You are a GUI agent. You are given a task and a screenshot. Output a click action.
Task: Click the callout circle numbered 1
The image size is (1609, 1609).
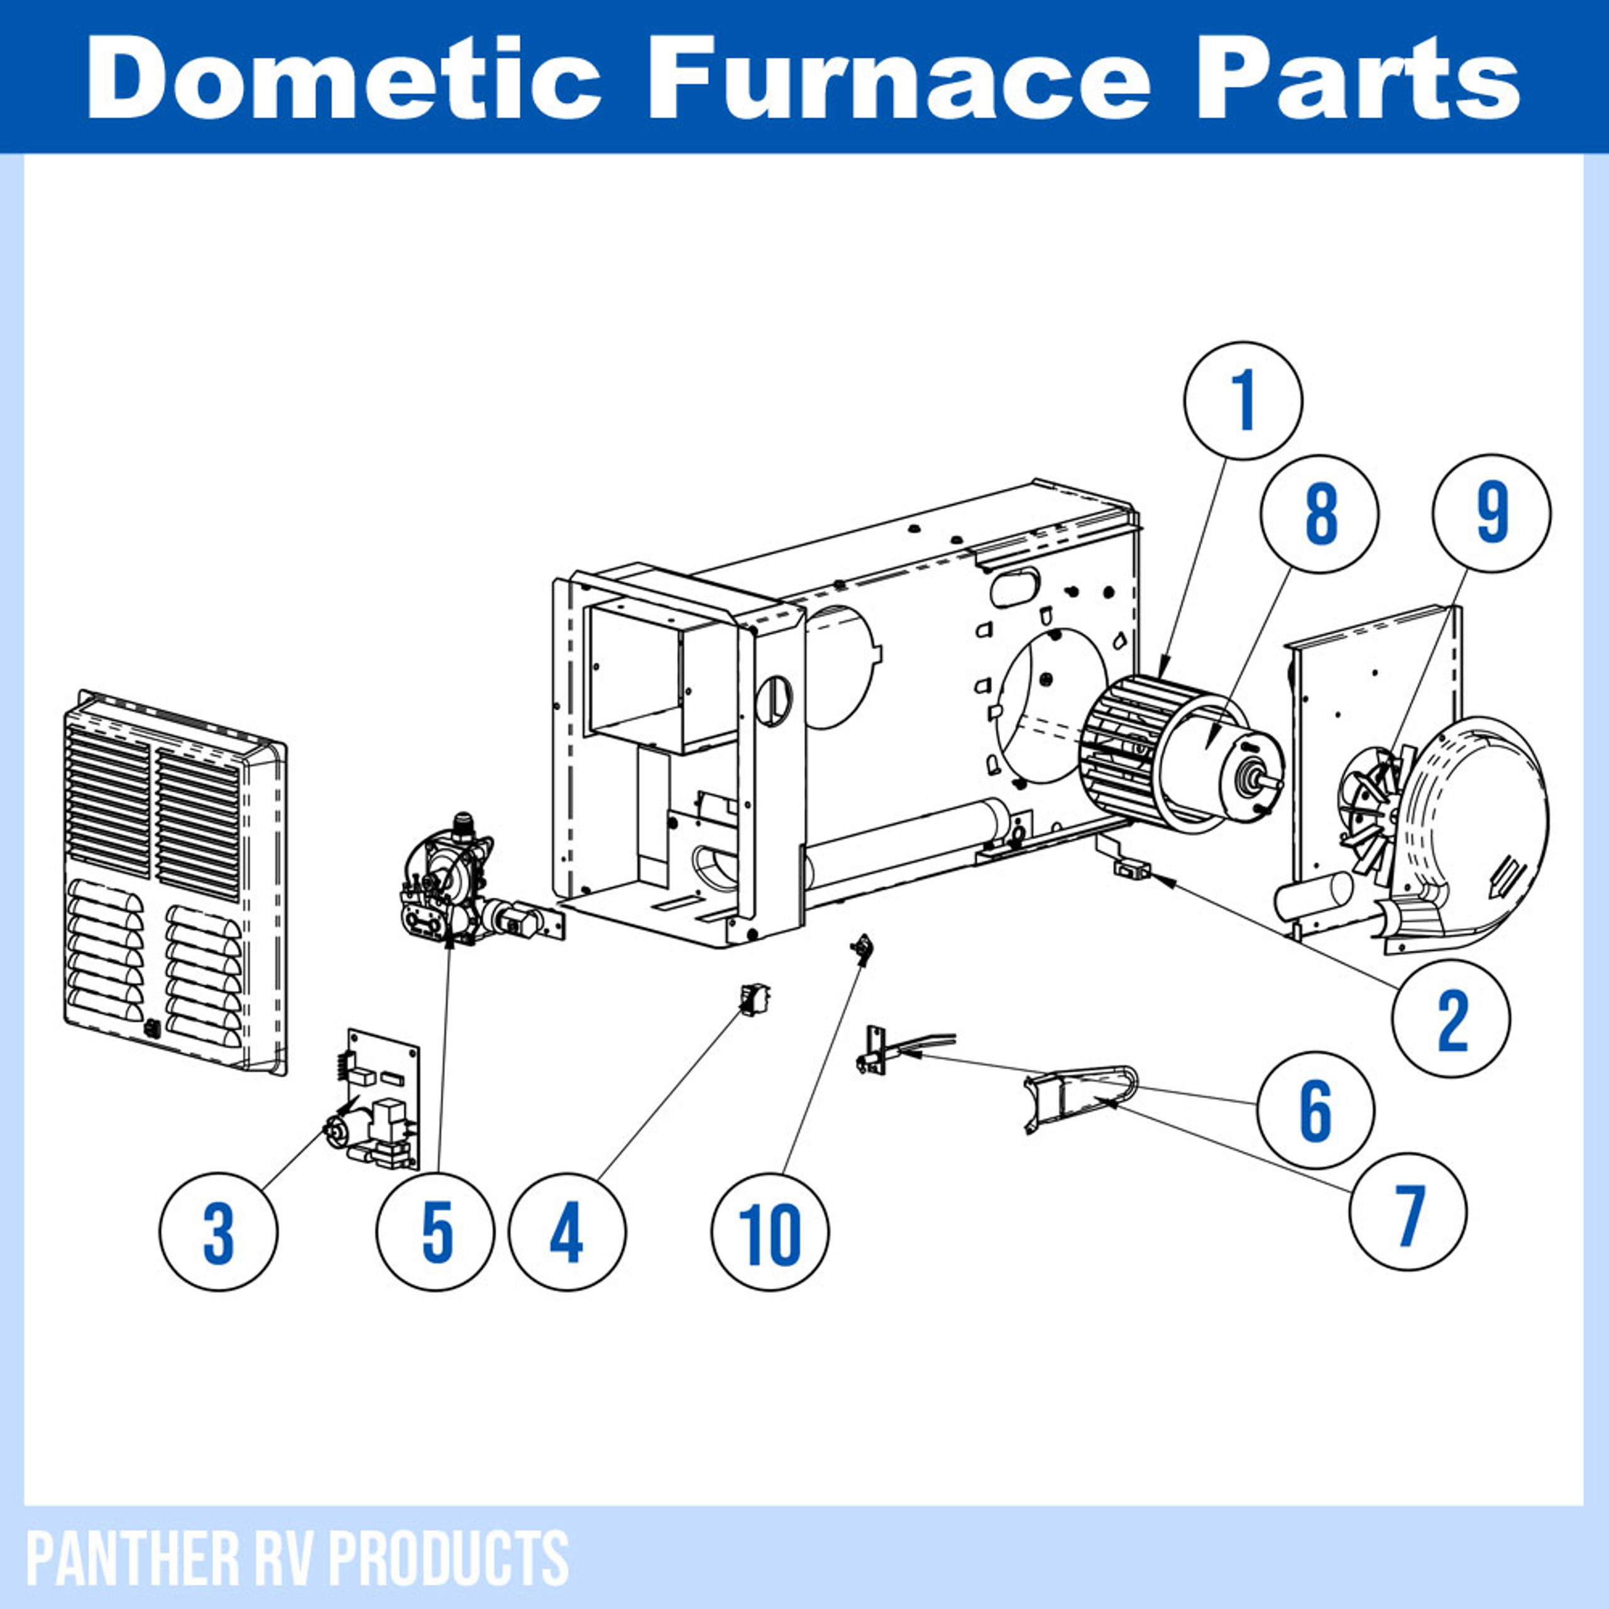pos(1243,400)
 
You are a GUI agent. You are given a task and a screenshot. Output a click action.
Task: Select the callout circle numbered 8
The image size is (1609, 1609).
pos(1320,514)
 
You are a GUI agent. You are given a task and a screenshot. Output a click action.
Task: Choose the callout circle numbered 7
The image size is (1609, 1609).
pos(1407,1211)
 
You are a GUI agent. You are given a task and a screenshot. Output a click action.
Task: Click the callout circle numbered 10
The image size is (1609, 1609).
pos(771,1232)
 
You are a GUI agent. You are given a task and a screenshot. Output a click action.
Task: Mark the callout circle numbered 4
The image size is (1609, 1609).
pos(567,1232)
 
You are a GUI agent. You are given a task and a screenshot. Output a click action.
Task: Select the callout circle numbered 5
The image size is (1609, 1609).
pos(436,1232)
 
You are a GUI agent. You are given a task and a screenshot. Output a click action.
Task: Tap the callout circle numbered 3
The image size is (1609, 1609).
pos(219,1232)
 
